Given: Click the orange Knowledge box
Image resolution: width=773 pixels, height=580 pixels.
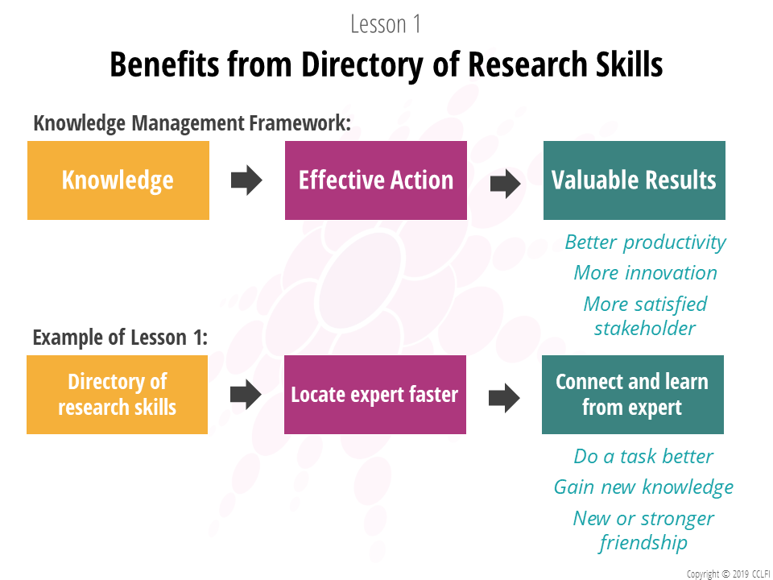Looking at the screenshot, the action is [x=118, y=180].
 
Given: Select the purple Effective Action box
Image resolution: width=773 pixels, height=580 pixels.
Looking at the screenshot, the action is [x=376, y=180].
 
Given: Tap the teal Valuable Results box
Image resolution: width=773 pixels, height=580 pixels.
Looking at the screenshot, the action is [x=634, y=180].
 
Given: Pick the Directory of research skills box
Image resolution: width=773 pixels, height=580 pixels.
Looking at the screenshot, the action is [x=118, y=395].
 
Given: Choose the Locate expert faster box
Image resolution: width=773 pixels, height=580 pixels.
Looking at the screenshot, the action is [x=375, y=395].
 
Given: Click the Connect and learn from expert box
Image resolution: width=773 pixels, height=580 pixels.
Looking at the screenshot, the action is [x=633, y=395].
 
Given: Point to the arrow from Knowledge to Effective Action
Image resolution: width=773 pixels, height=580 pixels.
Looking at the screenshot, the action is [x=246, y=180].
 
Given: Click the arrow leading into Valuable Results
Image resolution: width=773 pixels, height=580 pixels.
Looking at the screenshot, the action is [x=506, y=184].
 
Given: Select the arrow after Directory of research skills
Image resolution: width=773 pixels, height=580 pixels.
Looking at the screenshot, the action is [x=246, y=394].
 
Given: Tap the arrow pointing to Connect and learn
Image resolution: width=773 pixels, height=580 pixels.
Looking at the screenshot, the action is [x=504, y=397].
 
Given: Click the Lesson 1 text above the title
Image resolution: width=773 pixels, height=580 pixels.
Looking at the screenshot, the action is [x=386, y=24].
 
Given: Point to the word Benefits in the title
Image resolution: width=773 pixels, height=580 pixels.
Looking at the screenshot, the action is [x=166, y=64].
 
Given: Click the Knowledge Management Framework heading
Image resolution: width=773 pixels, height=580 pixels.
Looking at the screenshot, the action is [x=192, y=123].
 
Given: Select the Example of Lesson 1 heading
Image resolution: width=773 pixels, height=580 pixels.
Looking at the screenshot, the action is [x=120, y=338].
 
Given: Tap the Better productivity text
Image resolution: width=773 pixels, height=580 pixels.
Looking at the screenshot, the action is [x=645, y=242].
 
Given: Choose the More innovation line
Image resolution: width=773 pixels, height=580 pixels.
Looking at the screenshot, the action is [x=645, y=273].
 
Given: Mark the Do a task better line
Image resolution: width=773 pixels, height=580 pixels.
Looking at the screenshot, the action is [x=643, y=456].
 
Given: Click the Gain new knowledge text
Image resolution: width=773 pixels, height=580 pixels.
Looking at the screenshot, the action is [x=643, y=487].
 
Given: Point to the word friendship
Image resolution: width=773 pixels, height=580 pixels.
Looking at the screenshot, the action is [x=643, y=543].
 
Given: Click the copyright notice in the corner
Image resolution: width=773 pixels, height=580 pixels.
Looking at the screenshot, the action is [x=730, y=574].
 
